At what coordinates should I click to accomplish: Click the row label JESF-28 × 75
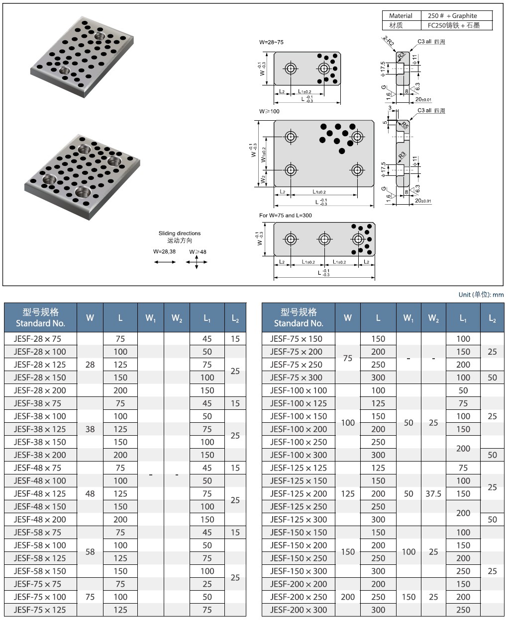tap(37, 339)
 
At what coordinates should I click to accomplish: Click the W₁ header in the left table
tap(151, 318)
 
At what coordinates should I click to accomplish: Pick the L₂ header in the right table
tap(492, 318)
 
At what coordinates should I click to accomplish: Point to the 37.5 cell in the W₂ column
tap(433, 494)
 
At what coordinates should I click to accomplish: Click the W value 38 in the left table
tap(90, 429)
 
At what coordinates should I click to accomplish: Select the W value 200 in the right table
tap(348, 597)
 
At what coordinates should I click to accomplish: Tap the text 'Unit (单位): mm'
tap(481, 295)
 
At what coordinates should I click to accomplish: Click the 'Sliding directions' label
tap(180, 233)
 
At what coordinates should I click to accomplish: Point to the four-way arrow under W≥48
tap(198, 262)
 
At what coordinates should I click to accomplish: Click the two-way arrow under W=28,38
tap(165, 262)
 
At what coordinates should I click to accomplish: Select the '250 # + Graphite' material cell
tap(452, 16)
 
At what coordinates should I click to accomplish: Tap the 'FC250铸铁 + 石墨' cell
tap(453, 25)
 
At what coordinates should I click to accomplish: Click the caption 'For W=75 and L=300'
tap(286, 216)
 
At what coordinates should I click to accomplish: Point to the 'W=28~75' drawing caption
tap(271, 43)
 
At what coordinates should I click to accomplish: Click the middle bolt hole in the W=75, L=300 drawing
tap(324, 239)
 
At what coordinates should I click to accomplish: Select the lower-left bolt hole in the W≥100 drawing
tap(291, 170)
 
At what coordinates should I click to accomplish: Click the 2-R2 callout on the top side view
tap(388, 41)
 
